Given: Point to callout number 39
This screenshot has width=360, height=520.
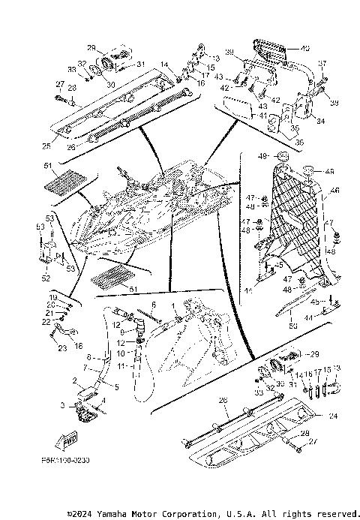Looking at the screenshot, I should coord(230,52).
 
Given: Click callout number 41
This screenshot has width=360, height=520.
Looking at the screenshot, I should coord(262,115).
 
